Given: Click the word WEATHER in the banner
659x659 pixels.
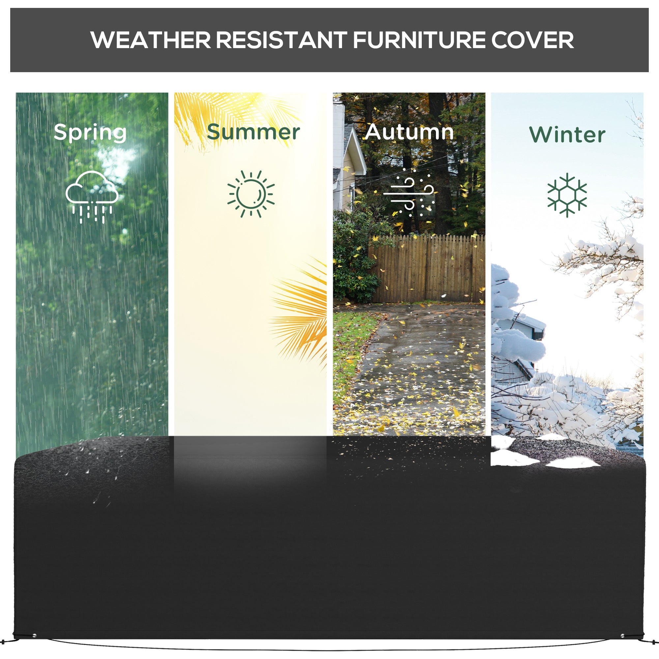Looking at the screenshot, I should click(151, 40).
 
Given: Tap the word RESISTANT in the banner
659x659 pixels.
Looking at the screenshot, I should click(281, 40).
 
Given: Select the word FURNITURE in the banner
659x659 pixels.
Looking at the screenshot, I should click(419, 40).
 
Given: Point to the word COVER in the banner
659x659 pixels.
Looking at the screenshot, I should click(532, 40).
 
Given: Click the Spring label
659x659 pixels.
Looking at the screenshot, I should click(90, 133).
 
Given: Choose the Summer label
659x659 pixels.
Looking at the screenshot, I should click(253, 132).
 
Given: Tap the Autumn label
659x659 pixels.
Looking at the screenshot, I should click(409, 132).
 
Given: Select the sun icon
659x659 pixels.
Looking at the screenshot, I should click(251, 194).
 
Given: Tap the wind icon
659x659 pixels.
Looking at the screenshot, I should click(409, 193).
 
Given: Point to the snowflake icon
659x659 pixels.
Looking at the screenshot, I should click(567, 195).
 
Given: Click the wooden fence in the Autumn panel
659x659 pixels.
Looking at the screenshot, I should click(426, 270).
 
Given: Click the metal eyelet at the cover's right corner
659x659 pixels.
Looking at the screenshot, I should click(622, 636).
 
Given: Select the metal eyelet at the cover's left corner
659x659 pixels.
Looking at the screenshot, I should click(34, 635).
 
